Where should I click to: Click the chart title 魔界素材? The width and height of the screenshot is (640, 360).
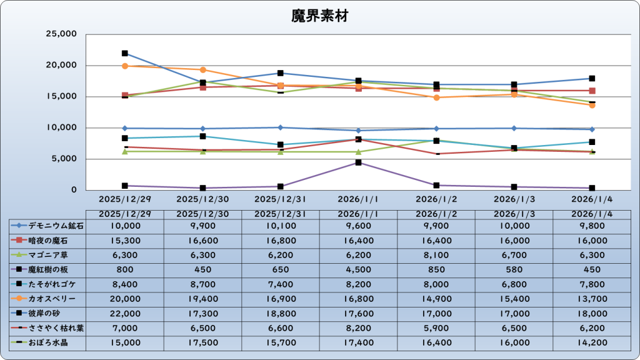pyautogui.click(x=319, y=16)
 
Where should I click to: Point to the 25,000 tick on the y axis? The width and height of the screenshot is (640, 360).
pyautogui.click(x=62, y=34)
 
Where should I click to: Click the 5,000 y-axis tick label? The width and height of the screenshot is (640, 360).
pyautogui.click(x=65, y=159)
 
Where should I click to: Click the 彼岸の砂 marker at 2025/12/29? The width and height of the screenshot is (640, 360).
pyautogui.click(x=125, y=54)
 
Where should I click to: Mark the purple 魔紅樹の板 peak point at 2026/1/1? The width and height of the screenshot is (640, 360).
pyautogui.click(x=358, y=162)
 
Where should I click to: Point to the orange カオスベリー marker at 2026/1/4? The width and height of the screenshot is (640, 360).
pyautogui.click(x=592, y=105)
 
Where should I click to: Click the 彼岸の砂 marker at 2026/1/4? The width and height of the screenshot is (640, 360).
pyautogui.click(x=592, y=79)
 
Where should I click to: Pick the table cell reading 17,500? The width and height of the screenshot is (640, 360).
pyautogui.click(x=202, y=343)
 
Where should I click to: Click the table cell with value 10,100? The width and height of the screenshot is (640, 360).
pyautogui.click(x=281, y=226)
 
